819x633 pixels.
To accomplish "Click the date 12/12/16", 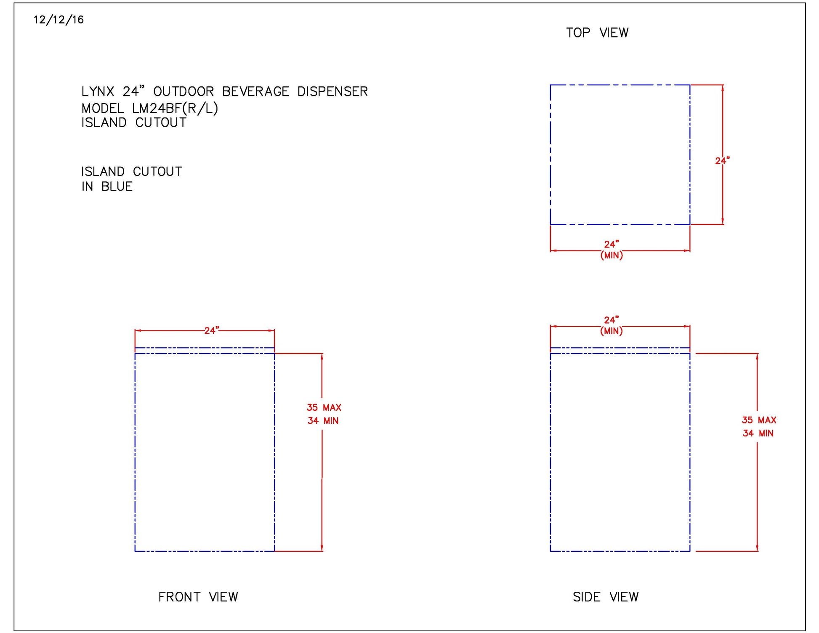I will (58, 20).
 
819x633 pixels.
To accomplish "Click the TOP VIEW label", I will (597, 33).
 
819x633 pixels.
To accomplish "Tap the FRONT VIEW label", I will (198, 597).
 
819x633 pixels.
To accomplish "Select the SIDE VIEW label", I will (605, 597).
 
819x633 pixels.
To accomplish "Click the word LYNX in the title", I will (98, 92).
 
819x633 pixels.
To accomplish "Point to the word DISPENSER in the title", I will (332, 92).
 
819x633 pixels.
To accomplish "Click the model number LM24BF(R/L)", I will (175, 109).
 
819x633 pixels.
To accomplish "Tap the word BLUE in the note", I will (117, 186).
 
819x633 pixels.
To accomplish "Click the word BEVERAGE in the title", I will (255, 92).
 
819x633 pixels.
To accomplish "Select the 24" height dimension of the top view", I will (722, 160).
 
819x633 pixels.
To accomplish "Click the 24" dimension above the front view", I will (211, 330).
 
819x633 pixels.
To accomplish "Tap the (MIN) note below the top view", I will (611, 255).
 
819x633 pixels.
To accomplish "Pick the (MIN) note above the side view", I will (611, 331).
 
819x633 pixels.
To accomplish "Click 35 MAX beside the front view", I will (324, 407).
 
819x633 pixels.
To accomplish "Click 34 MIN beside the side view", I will (758, 433).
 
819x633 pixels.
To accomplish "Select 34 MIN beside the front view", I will (323, 420).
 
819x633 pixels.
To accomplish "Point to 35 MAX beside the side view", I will (759, 420).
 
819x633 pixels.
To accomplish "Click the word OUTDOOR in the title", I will (183, 92).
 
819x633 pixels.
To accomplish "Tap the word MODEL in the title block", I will (103, 109).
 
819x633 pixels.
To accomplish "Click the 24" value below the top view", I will (611, 244).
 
